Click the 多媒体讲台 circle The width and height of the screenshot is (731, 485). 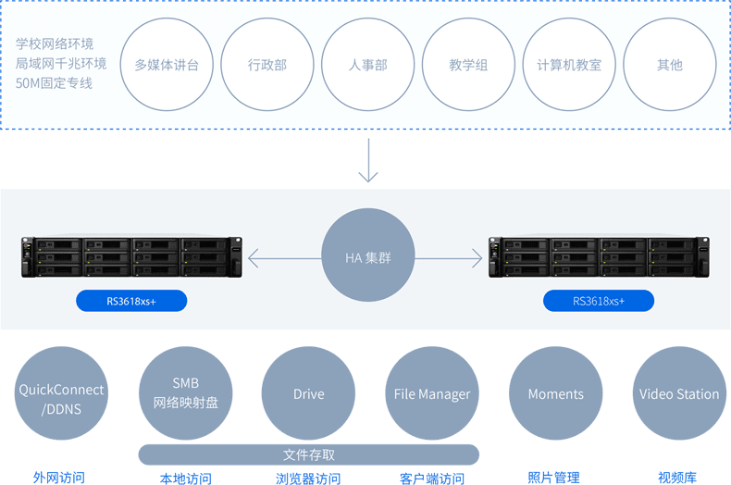click(167, 65)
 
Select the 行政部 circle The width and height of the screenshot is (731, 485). click(267, 65)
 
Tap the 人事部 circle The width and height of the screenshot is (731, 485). click(368, 65)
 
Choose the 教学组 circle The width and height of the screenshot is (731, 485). click(468, 65)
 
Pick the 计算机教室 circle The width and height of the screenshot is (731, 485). click(569, 65)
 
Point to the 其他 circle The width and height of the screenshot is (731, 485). click(670, 65)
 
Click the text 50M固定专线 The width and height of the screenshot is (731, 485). click(55, 83)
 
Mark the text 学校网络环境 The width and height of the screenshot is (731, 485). click(55, 44)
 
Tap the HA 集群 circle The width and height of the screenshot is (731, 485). click(368, 257)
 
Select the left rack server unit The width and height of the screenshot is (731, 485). click(131, 257)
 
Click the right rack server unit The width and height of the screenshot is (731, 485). click(599, 257)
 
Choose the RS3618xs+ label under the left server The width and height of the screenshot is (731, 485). click(131, 300)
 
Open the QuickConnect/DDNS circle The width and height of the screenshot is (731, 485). click(62, 393)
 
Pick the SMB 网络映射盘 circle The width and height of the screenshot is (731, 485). click(185, 393)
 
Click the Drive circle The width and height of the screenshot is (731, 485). click(308, 393)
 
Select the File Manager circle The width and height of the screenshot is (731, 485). click(432, 393)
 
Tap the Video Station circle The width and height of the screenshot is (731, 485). click(678, 393)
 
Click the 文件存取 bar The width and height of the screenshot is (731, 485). click(309, 454)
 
